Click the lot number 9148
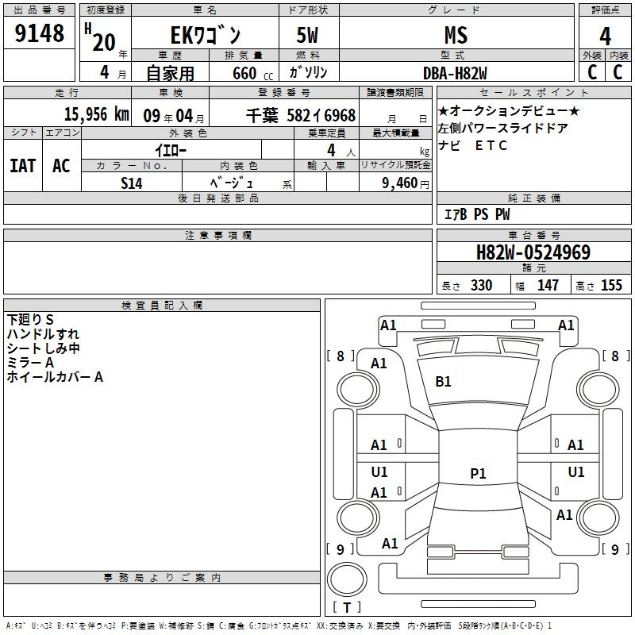tap(39, 33)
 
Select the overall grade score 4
tap(605, 36)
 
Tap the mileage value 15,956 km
tap(96, 114)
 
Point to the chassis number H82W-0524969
tap(533, 252)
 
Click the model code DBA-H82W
tap(455, 73)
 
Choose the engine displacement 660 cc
tap(252, 74)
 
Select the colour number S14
tap(132, 183)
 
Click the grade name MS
tap(456, 35)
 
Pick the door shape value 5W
tap(307, 35)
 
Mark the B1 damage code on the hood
tap(443, 382)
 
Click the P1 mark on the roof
tap(478, 473)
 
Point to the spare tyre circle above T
tap(347, 580)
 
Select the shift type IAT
tap(23, 166)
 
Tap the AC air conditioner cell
tap(62, 166)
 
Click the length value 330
tap(482, 285)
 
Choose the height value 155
tap(611, 285)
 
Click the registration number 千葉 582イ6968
tap(301, 115)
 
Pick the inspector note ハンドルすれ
tap(43, 334)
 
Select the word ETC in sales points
tap(491, 145)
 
